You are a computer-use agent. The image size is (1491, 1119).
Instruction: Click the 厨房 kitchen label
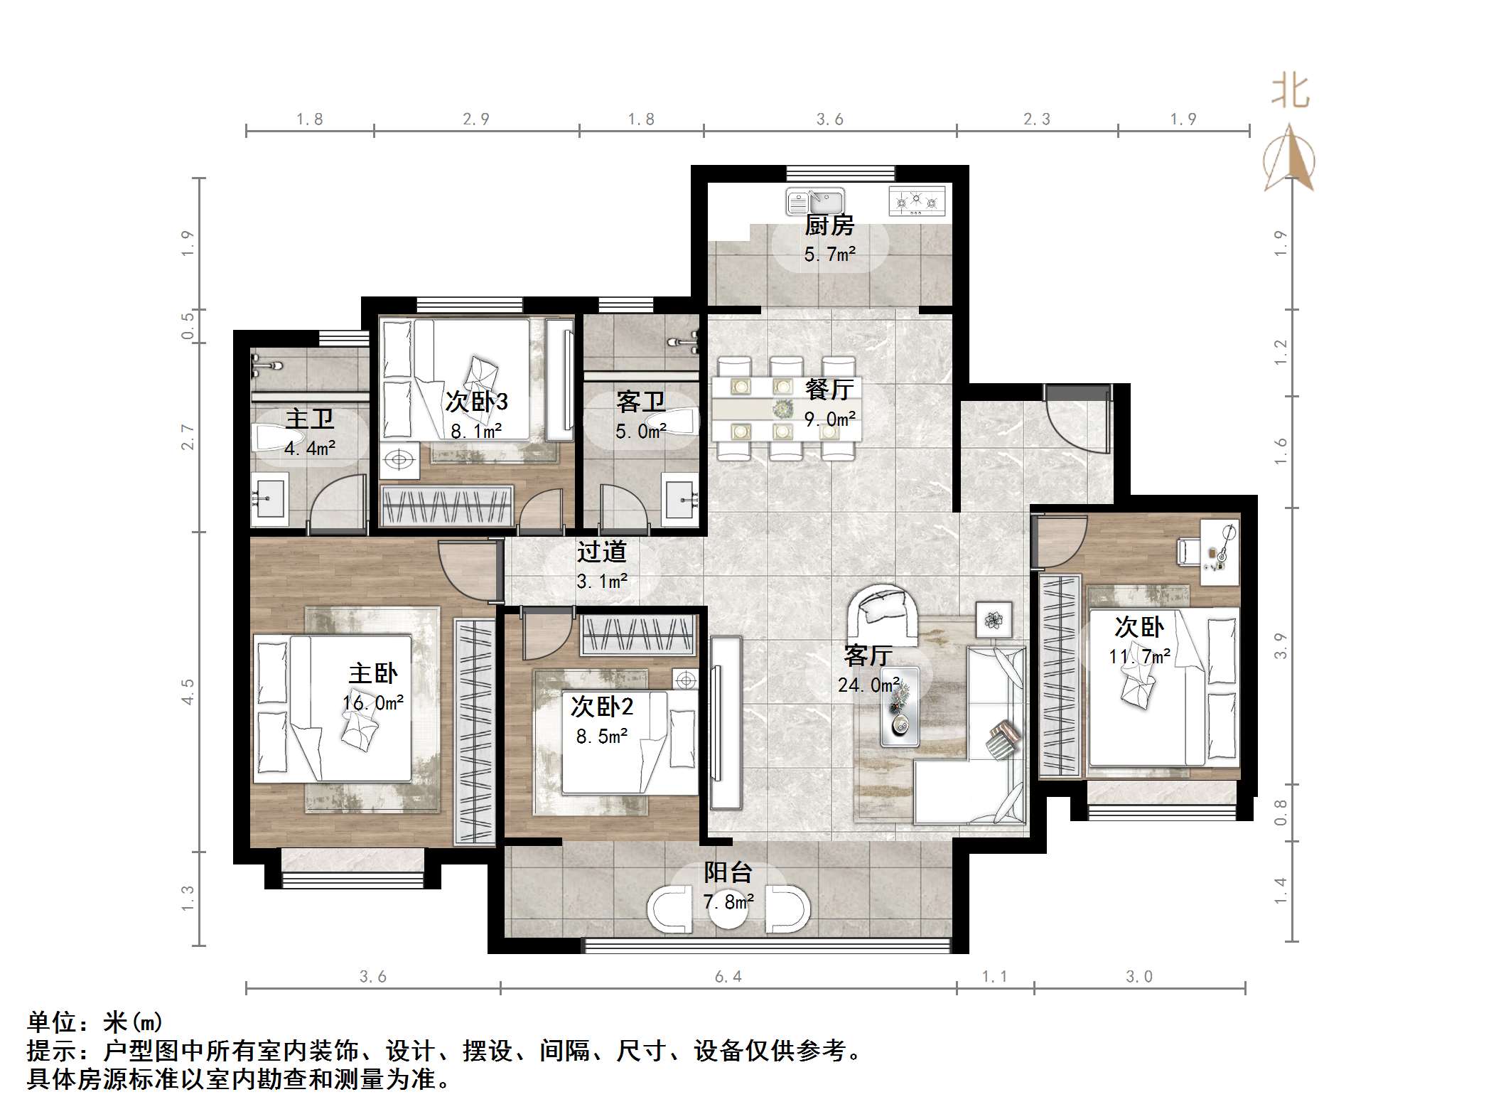(x=829, y=225)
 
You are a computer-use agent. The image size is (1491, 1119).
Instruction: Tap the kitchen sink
(x=814, y=201)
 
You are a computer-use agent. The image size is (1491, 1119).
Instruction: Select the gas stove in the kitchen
(x=917, y=201)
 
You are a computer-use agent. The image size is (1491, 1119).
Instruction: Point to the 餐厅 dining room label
(x=829, y=389)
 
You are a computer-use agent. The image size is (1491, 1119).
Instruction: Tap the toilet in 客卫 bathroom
(x=682, y=422)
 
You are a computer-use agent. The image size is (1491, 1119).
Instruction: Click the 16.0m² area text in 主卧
(x=373, y=703)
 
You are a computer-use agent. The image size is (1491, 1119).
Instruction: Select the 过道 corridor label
(x=601, y=552)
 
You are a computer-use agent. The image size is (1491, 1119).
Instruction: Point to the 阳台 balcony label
(x=728, y=872)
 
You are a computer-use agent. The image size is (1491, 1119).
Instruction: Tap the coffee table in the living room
(x=900, y=707)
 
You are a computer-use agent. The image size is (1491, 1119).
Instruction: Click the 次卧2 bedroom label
(x=601, y=707)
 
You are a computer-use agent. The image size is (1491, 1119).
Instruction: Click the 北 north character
(x=1290, y=92)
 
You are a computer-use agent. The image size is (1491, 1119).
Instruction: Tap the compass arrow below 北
(x=1289, y=160)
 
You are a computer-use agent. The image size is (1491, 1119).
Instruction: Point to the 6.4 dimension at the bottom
(x=728, y=977)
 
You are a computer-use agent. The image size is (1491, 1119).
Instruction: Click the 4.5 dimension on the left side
(x=188, y=692)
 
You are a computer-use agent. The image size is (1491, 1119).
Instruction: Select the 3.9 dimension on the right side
(x=1281, y=646)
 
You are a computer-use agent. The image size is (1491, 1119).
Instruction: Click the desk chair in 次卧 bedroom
(x=1189, y=551)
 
